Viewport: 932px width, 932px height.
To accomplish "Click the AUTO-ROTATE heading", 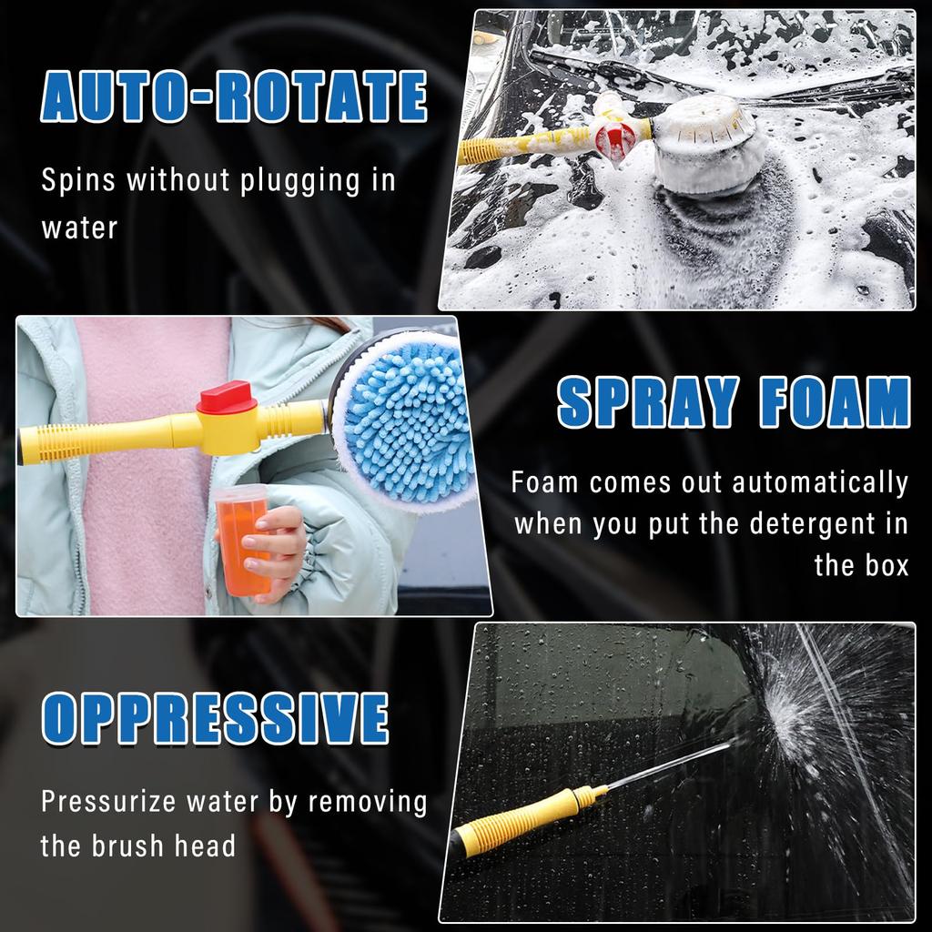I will pos(234,100).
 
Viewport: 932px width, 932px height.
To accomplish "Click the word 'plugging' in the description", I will pos(300,181).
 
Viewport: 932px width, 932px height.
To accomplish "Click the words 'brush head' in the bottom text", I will pos(164,846).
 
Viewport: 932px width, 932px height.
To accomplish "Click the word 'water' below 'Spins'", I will pos(80,228).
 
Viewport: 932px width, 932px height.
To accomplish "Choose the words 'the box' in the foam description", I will pos(861,565).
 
